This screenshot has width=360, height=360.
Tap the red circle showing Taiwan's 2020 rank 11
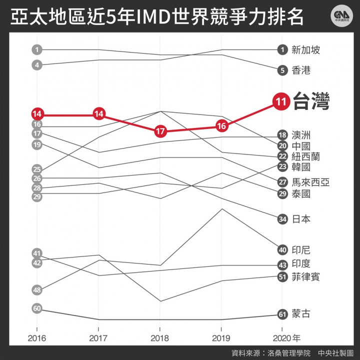point(280,101)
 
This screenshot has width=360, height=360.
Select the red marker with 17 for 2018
point(160,132)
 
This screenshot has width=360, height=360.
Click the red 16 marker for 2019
point(222,126)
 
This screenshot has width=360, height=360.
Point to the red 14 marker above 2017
point(98,114)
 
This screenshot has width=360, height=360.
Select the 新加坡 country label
point(305,49)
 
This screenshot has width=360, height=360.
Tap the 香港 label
point(301,70)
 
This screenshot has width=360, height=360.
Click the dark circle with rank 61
point(282,314)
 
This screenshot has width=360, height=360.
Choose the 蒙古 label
point(301,314)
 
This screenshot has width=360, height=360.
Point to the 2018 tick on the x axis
point(160,338)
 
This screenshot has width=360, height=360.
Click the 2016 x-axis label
point(37,338)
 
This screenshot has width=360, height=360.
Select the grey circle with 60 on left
point(37,308)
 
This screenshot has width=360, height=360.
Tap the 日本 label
point(301,218)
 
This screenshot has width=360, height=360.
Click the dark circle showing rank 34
point(282,218)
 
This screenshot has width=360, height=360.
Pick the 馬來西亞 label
point(310,182)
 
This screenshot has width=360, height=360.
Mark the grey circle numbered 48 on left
point(37,289)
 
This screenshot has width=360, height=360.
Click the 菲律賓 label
point(305,276)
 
